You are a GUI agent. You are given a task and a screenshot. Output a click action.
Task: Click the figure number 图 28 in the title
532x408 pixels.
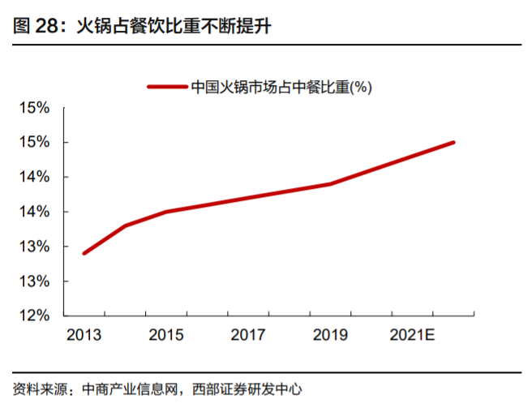(36, 26)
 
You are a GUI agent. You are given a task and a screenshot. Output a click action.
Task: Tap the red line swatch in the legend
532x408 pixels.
(166, 86)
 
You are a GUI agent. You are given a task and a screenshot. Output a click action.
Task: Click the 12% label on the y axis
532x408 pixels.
(36, 316)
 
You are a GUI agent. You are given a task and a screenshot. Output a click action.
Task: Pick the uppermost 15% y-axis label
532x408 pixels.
(36, 108)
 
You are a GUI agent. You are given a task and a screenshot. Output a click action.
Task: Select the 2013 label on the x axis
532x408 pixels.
(83, 334)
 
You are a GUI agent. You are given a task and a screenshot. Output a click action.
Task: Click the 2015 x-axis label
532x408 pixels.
(165, 334)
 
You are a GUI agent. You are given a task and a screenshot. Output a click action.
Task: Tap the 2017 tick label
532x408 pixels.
(247, 334)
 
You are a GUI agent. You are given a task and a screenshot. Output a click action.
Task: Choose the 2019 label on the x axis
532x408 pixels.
(330, 334)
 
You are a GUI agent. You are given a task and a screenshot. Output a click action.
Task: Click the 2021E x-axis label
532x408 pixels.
(413, 334)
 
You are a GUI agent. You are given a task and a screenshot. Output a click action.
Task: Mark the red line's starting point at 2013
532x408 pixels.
(84, 253)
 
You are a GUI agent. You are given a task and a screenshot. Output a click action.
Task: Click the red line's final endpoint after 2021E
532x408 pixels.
(453, 142)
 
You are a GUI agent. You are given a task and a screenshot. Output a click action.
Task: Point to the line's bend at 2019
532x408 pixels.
(330, 184)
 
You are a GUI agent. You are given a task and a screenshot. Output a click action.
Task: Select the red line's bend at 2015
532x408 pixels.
(165, 212)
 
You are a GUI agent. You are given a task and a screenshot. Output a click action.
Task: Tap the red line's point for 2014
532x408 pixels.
(125, 225)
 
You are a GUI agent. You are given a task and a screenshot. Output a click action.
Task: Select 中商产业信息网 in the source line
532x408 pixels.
(133, 389)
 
